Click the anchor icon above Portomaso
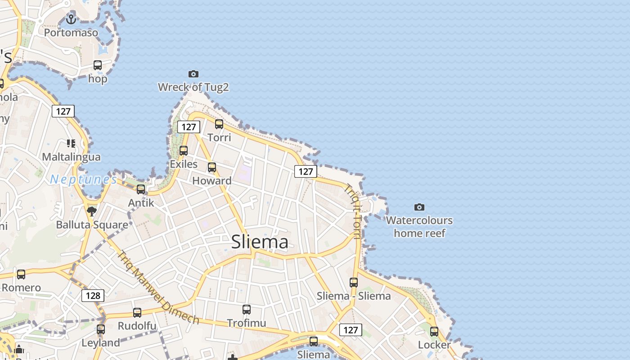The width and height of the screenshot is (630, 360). point(71,19)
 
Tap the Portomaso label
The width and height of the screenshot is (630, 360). point(71,33)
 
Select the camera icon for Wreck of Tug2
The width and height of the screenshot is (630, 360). point(193,74)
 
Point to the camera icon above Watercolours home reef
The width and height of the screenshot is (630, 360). point(419,207)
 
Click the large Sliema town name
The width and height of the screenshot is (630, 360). point(260,242)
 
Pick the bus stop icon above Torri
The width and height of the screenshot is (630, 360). point(219,124)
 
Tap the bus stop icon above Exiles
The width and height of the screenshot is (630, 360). point(184,151)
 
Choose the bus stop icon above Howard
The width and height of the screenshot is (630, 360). point(212,167)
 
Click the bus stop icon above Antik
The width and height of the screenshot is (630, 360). point(141,189)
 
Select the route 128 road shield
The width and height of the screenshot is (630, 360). point(93,295)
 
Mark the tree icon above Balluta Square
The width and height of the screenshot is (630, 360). point(92,211)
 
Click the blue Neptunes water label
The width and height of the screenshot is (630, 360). point(83,180)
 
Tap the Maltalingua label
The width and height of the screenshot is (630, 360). point(71,157)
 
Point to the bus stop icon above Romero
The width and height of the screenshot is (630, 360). point(21,274)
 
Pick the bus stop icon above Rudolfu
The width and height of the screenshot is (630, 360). point(137,313)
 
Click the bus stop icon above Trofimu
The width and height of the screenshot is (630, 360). point(247,310)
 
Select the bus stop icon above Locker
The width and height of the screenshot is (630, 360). point(434,332)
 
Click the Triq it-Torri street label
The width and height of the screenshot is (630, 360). point(353,211)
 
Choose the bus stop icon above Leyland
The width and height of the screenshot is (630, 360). point(101,329)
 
